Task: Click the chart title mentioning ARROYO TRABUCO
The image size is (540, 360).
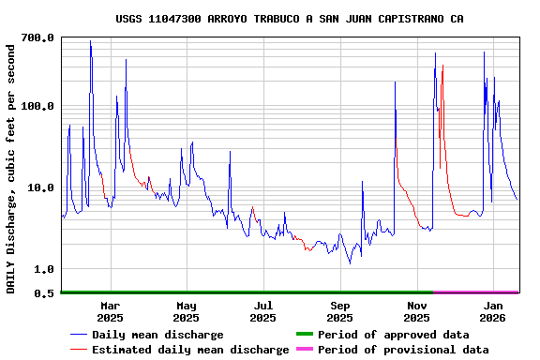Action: (289, 19)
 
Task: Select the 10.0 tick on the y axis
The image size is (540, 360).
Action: (42, 187)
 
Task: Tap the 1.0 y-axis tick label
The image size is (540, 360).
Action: (45, 269)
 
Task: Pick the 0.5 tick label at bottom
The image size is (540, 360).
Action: (45, 293)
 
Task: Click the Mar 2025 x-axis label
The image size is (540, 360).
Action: (110, 311)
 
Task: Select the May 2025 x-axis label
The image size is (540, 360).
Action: (187, 311)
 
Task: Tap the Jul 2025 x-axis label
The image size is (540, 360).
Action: (263, 311)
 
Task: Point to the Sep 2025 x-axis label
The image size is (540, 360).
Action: (340, 311)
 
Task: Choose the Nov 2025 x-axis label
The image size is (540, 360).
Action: (417, 311)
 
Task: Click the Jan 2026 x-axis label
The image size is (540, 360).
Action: (493, 311)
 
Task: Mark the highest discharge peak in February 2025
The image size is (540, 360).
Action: (90, 41)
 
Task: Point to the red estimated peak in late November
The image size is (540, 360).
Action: (442, 66)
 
